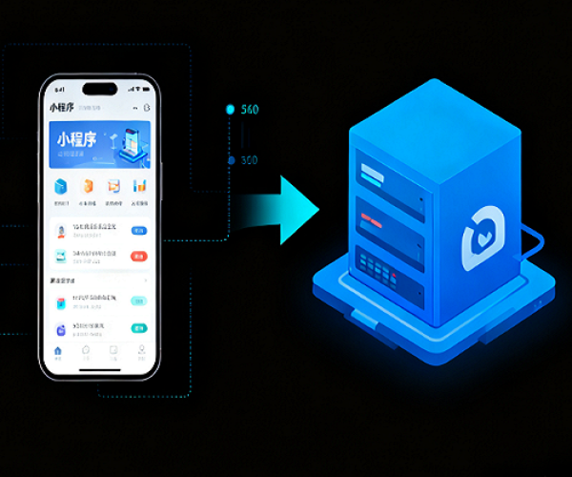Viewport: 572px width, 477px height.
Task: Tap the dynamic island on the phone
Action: [99, 89]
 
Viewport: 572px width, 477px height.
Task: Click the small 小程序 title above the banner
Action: [62, 108]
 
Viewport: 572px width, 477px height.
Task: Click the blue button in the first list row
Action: [139, 230]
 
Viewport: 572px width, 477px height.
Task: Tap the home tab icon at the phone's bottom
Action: [58, 351]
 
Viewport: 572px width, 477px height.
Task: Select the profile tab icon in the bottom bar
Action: [140, 351]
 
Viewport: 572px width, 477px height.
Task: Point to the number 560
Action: [251, 110]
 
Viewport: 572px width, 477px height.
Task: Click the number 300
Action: [250, 159]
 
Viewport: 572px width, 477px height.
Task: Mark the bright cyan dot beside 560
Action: [230, 110]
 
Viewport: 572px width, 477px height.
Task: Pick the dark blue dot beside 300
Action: [231, 160]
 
